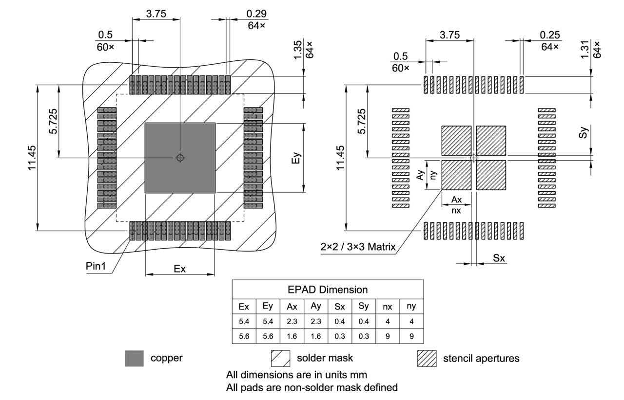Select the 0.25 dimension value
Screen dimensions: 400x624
[x=550, y=35]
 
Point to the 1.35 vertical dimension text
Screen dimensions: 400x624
[x=299, y=49]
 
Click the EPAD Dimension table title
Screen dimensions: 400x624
[x=328, y=290]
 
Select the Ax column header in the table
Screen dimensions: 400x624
[x=292, y=307]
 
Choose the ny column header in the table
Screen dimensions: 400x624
[x=411, y=307]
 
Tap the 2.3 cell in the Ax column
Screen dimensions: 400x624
[x=292, y=322]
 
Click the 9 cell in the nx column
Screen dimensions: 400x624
[x=388, y=336]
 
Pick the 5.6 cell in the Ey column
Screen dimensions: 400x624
[x=268, y=336]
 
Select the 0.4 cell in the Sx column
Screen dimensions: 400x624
[x=339, y=322]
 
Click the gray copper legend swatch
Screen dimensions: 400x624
[x=134, y=359]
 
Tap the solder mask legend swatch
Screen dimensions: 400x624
[x=280, y=359]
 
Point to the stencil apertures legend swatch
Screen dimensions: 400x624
[x=427, y=359]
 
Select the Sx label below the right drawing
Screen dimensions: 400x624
[x=498, y=258]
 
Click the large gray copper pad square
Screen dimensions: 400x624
[x=180, y=158]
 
